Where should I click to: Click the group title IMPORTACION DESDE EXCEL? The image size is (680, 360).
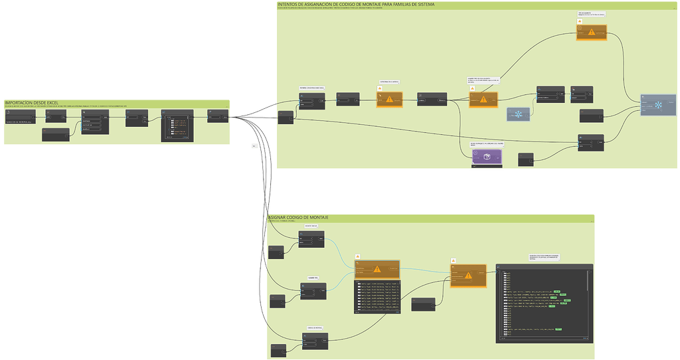[31, 103]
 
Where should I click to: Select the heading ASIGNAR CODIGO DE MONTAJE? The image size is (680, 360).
[298, 218]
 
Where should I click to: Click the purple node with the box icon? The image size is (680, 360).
[487, 157]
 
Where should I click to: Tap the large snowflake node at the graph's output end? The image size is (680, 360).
[658, 105]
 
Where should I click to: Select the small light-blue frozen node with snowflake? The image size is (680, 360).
[518, 114]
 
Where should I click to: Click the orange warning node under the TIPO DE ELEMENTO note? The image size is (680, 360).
[591, 32]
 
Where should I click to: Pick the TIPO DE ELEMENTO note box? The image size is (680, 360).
[591, 13]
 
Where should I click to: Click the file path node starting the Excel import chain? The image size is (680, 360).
[23, 117]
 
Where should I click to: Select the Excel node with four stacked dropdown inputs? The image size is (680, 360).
[95, 122]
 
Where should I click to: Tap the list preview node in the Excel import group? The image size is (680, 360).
[177, 126]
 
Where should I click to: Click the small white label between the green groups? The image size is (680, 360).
[254, 146]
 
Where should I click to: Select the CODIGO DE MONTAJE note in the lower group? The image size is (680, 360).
[315, 327]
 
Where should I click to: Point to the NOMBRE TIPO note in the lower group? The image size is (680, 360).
[314, 277]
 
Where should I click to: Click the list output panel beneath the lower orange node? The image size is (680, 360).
[377, 296]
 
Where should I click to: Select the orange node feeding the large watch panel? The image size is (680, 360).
[468, 274]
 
